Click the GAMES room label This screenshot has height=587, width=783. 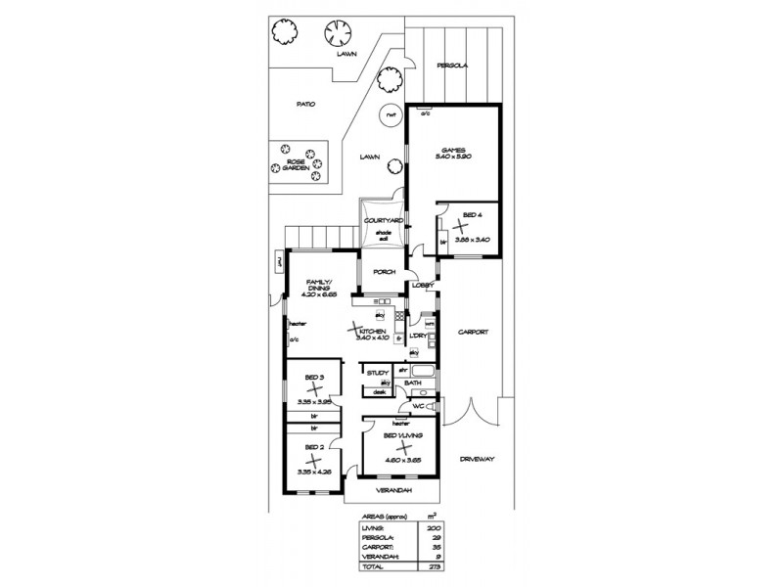(x=452, y=149)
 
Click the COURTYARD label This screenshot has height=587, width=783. (x=384, y=221)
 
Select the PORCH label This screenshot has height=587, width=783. (x=384, y=273)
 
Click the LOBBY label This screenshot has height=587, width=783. (x=422, y=286)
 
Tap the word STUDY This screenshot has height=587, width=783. (x=378, y=373)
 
